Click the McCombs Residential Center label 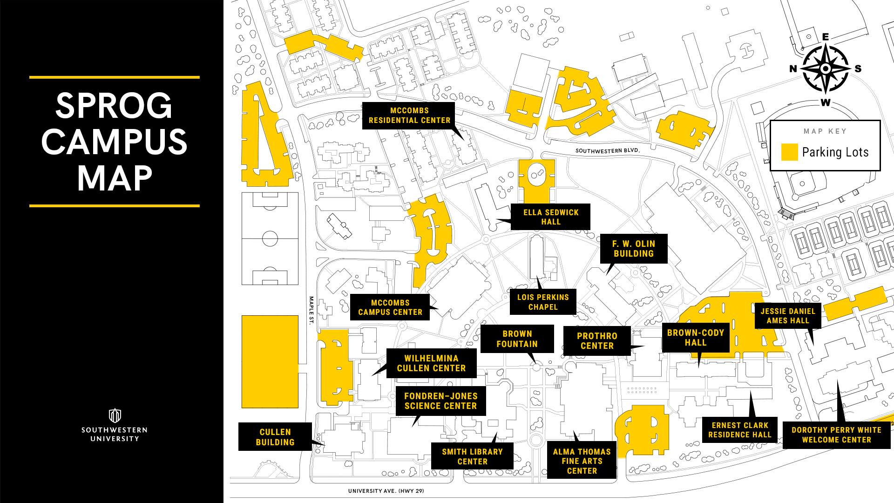(x=409, y=116)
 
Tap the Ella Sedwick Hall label (x=550, y=217)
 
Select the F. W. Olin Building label (x=634, y=249)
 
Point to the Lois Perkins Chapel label (x=543, y=302)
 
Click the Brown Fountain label (x=517, y=339)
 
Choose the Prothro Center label (x=597, y=341)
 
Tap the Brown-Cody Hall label (x=696, y=338)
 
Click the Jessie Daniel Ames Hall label (x=788, y=316)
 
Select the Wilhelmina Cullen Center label (x=431, y=363)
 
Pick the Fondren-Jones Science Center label (x=441, y=401)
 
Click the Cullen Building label (x=275, y=437)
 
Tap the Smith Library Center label (x=472, y=456)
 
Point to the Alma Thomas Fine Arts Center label (x=582, y=461)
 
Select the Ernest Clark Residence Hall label (x=740, y=430)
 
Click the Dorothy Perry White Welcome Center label (x=836, y=435)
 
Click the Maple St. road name (x=312, y=310)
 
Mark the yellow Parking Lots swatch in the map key (x=789, y=152)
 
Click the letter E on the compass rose (x=826, y=37)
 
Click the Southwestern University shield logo (x=115, y=415)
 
